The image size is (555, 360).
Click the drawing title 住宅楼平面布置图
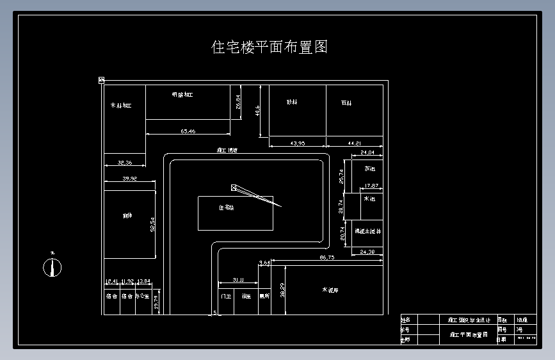point(269,47)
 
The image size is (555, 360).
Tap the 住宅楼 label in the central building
point(227,208)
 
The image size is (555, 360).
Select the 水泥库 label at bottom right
point(330,290)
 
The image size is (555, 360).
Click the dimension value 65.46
point(188,131)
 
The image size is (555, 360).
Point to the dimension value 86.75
point(327,257)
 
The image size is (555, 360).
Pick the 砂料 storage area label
point(292,102)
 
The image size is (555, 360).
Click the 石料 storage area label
point(346,102)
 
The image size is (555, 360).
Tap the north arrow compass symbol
point(52,266)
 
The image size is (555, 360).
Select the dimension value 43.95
point(298,143)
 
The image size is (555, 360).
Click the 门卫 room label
point(225,297)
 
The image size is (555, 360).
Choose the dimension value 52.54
point(152,225)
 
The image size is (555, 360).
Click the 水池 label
point(369,199)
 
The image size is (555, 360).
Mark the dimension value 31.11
point(238,280)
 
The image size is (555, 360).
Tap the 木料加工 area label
point(120,105)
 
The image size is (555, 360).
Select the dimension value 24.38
point(368,252)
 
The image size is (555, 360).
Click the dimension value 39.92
point(129,179)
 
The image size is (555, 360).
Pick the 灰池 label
point(369,169)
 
